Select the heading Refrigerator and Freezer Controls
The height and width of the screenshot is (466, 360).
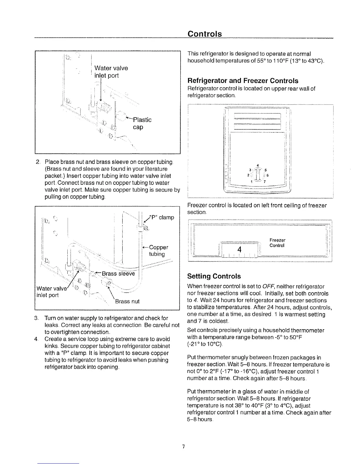[243, 81]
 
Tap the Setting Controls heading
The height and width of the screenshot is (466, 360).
[214, 276]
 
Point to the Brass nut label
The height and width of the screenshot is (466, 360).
[127, 301]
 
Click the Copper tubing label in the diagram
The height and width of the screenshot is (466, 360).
[158, 250]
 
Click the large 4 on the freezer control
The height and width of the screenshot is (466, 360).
[239, 249]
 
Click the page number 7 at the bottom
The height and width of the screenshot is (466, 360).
[183, 447]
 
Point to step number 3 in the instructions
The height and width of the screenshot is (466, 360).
[36, 318]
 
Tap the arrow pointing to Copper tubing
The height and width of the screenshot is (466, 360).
[145, 247]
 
